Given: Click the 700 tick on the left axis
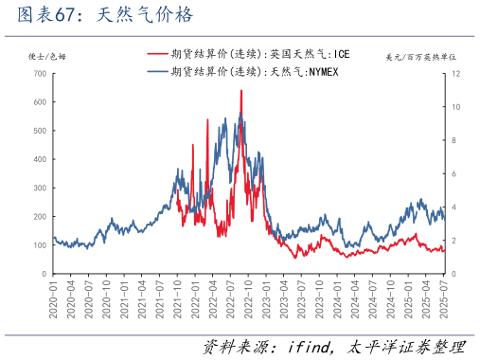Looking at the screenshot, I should pos(39,74).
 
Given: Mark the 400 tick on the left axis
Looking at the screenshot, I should pos(39,159).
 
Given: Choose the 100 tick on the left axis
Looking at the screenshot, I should pos(39,245).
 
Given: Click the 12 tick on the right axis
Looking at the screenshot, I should pos(456,74).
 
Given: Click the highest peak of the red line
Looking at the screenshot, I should pos(240,91).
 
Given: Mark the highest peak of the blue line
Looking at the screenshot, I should pos(240,114).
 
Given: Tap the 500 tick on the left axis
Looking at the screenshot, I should pos(39,131).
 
